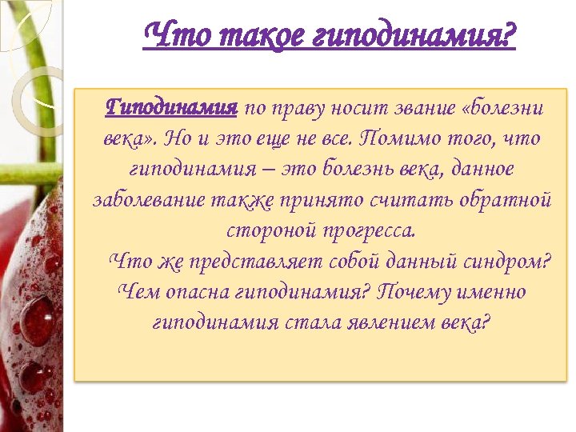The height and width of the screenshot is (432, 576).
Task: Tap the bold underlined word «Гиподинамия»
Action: tap(172, 108)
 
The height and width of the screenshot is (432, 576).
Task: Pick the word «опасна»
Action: tap(197, 292)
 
